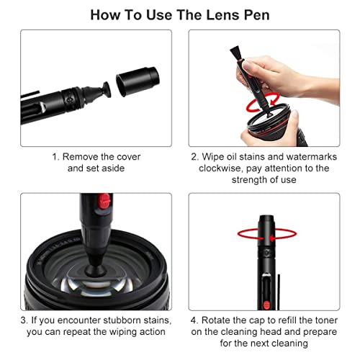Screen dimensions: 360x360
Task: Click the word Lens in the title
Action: tap(222, 15)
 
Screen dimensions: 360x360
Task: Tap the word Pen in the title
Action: tap(257, 15)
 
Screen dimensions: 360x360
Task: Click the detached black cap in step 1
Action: tap(138, 81)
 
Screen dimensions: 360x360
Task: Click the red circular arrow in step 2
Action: tap(263, 103)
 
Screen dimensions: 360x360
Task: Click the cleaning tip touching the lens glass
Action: tap(95, 269)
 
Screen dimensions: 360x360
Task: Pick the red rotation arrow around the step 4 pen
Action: tap(267, 234)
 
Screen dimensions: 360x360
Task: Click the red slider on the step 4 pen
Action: tap(266, 305)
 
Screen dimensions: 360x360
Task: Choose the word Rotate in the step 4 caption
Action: tap(215, 320)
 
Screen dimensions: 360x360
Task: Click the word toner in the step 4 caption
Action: tap(326, 320)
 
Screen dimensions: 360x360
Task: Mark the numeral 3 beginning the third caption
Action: tap(23, 320)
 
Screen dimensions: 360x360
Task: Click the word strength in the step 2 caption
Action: tap(250, 180)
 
